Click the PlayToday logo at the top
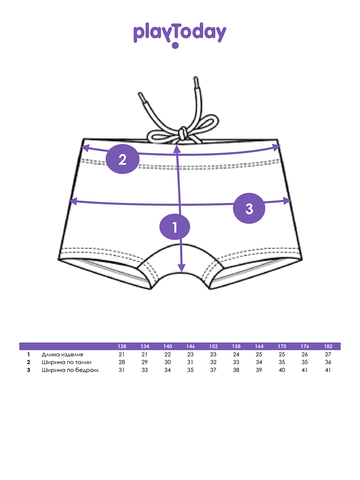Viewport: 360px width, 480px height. (x=180, y=34)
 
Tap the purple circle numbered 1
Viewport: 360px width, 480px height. (x=175, y=227)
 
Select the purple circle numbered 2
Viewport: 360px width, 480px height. (x=122, y=159)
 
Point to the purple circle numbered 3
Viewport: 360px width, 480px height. (x=249, y=208)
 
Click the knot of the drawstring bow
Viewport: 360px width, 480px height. (x=182, y=132)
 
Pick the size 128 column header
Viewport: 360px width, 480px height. (x=122, y=346)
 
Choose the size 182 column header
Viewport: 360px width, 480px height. (x=328, y=346)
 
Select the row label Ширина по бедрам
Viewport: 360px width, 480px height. (x=70, y=370)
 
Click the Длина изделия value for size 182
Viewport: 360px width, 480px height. (x=328, y=355)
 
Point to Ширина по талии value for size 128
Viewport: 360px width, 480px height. (x=122, y=362)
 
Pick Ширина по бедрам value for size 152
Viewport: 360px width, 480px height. (x=213, y=370)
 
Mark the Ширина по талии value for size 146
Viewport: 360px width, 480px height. (x=190, y=362)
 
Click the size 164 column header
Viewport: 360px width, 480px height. (x=259, y=346)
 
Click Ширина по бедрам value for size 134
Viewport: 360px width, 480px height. (x=145, y=370)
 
